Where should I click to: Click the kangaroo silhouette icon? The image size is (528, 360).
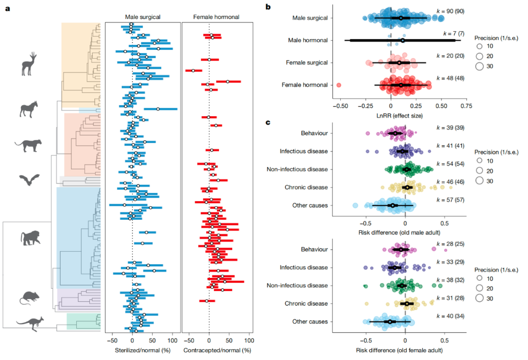(x=30, y=323)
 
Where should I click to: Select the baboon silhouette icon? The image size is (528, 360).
(x=31, y=238)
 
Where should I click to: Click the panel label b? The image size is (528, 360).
(x=267, y=7)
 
